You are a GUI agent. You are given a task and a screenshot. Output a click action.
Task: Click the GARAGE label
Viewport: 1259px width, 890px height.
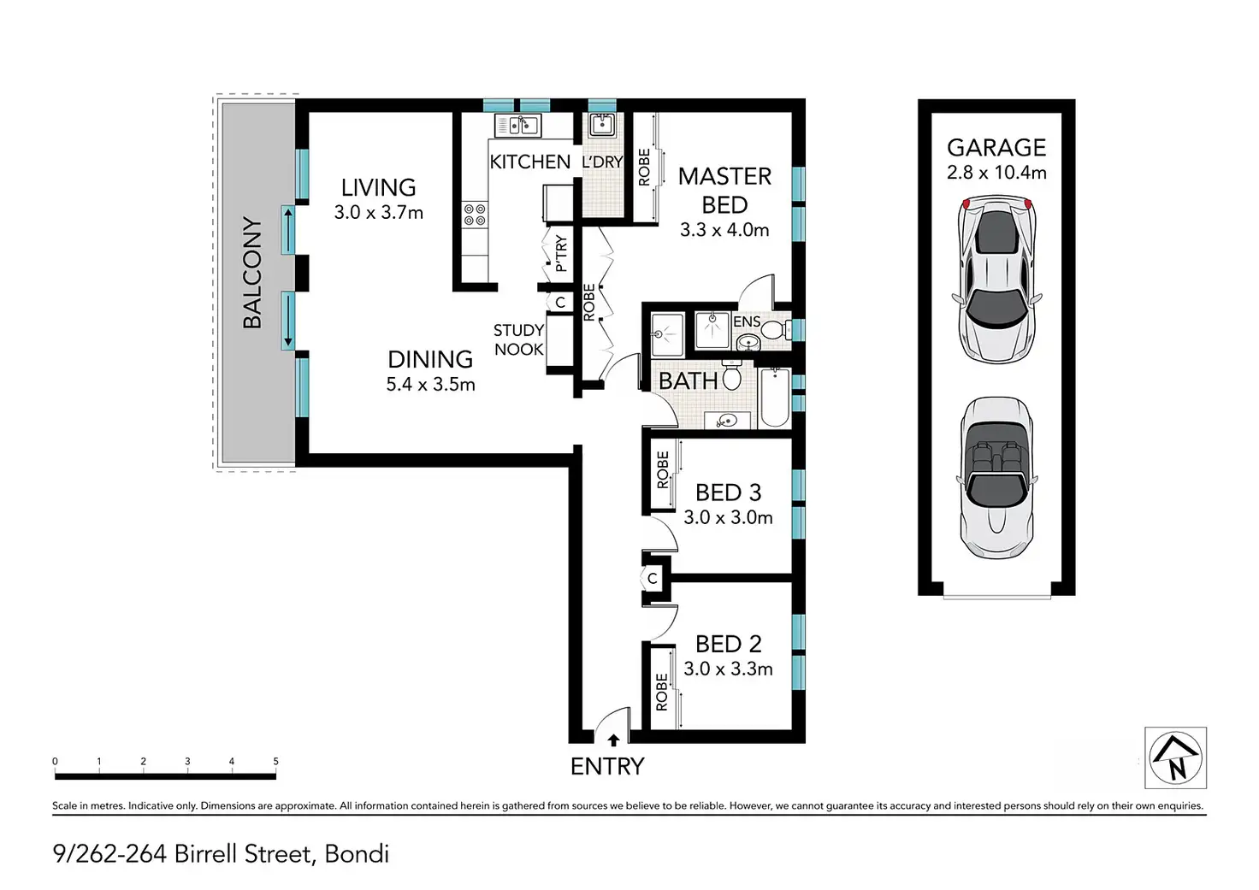pyautogui.click(x=996, y=148)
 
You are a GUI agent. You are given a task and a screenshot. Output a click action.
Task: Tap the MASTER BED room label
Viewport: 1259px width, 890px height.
pyautogui.click(x=724, y=191)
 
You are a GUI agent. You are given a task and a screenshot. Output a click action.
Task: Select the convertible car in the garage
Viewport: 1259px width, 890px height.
pyautogui.click(x=996, y=478)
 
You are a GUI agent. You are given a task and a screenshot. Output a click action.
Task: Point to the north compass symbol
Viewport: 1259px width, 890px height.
pyautogui.click(x=1175, y=757)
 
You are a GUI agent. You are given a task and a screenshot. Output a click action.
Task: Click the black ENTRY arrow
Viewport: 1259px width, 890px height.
pyautogui.click(x=613, y=740)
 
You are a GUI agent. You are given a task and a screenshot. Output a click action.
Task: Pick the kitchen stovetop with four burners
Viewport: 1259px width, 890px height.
pyautogui.click(x=475, y=215)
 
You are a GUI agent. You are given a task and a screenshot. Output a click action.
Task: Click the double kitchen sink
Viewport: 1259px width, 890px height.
pyautogui.click(x=517, y=126)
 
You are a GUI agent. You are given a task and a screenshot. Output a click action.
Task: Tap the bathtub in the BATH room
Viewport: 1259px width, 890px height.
pyautogui.click(x=775, y=398)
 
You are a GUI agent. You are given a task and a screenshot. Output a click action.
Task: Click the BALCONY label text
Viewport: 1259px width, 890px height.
pyautogui.click(x=252, y=273)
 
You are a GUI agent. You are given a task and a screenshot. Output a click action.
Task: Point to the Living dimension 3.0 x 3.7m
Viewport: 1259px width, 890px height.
pyautogui.click(x=378, y=212)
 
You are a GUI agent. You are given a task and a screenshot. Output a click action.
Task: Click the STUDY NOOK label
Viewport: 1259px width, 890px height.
pyautogui.click(x=518, y=339)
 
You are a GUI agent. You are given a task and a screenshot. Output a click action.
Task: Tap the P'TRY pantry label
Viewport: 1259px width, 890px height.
pyautogui.click(x=560, y=253)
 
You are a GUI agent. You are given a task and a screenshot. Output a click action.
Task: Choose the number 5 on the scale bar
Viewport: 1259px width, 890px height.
pyautogui.click(x=275, y=762)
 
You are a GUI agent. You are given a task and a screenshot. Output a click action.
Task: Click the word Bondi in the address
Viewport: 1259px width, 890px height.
pyautogui.click(x=357, y=854)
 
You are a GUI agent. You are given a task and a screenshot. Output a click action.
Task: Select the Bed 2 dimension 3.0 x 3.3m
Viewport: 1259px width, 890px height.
pyautogui.click(x=728, y=669)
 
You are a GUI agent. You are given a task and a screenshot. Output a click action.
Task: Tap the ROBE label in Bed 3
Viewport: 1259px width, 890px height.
pyautogui.click(x=663, y=469)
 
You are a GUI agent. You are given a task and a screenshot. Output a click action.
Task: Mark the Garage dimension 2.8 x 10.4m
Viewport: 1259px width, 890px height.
pyautogui.click(x=996, y=172)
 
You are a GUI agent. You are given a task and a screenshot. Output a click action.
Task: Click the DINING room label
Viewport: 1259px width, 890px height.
pyautogui.click(x=430, y=359)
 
